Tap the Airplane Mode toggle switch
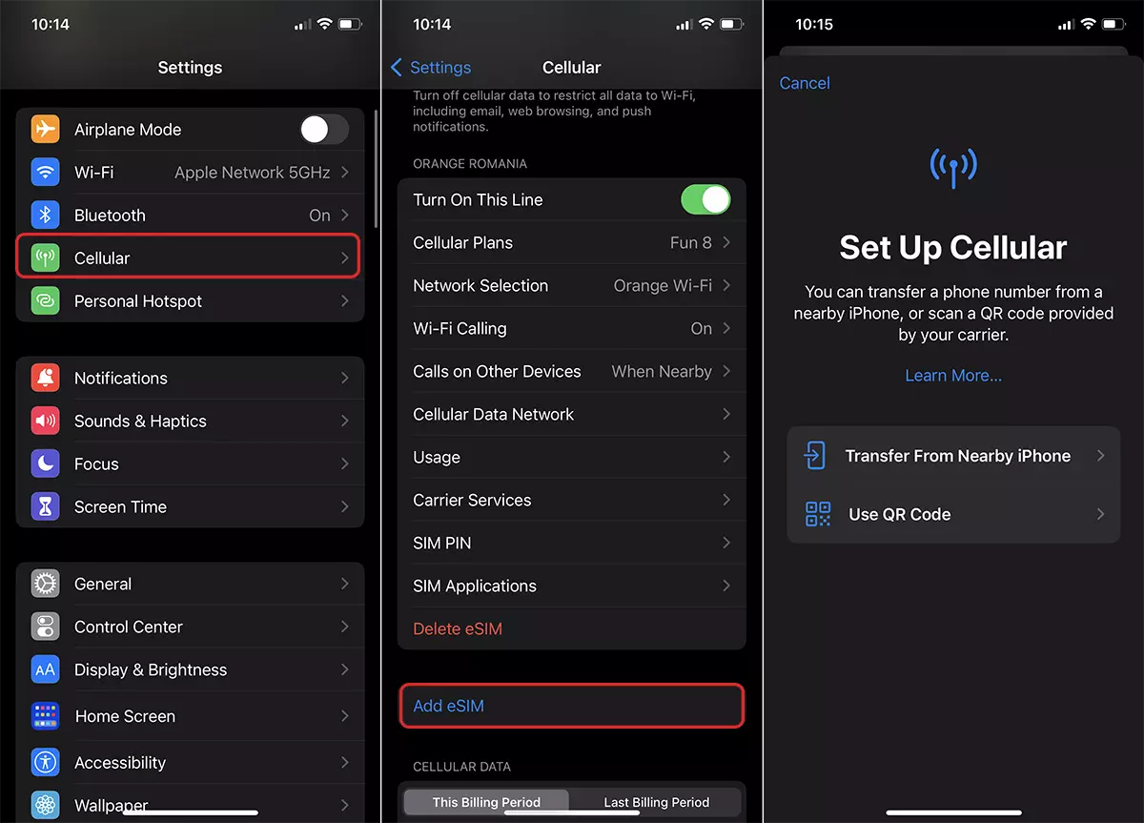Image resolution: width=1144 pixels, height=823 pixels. pos(324,130)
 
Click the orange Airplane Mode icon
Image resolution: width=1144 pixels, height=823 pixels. pos(45,130)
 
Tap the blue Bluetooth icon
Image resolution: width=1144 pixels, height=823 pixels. pos(45,216)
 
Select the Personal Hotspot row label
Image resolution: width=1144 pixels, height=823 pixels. pos(138,301)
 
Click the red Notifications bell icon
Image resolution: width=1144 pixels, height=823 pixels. pos(45,378)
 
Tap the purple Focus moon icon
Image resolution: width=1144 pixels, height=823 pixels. pos(45,463)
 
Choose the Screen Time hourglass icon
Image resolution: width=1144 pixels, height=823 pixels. pos(45,506)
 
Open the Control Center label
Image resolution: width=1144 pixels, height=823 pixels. pos(128,627)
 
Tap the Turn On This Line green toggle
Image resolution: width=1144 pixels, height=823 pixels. pos(705,199)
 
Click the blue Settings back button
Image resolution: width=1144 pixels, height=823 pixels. pos(431,68)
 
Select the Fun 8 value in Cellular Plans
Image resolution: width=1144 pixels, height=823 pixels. pos(690,242)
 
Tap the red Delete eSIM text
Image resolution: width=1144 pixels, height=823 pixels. pos(458,628)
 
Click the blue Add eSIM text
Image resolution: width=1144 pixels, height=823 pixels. pos(448,706)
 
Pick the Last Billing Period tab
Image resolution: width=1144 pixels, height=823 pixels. pos(656,802)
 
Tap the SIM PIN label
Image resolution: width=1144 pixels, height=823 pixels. pos(441,543)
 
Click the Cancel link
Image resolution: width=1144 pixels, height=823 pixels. pos(805,83)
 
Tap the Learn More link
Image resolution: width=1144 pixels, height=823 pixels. pos(953,376)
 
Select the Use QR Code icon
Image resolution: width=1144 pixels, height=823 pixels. pos(818,514)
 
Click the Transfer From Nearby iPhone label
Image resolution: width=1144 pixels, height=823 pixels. pos(957,456)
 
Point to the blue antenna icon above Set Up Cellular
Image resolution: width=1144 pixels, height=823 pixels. pos(953,168)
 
